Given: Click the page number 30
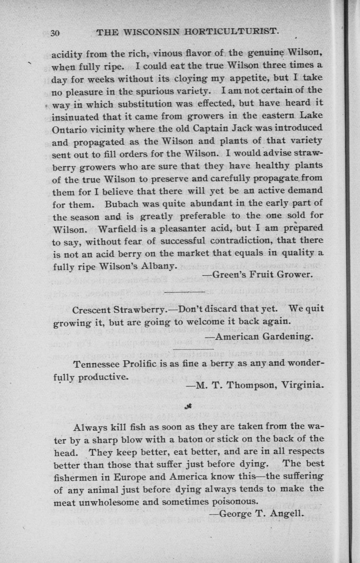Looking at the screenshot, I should pyautogui.click(x=56, y=33).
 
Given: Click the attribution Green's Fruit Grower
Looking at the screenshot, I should pyautogui.click(x=257, y=274).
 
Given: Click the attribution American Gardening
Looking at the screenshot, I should pyautogui.click(x=260, y=337).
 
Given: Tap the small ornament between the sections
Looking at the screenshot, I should pyautogui.click(x=188, y=406).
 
